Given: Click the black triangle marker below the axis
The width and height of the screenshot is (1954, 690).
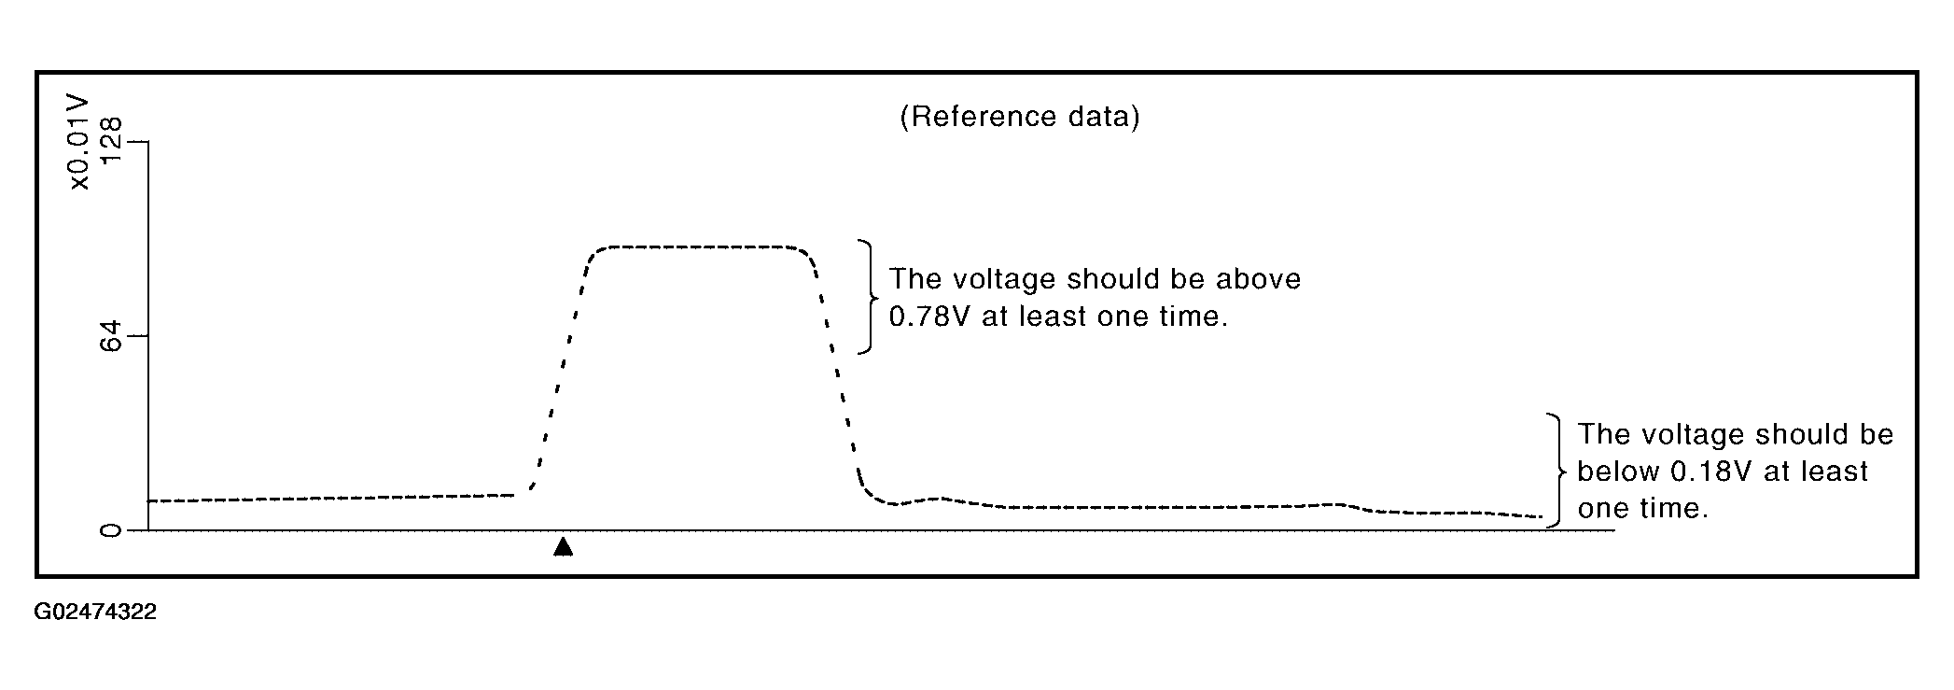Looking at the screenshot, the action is pos(563,546).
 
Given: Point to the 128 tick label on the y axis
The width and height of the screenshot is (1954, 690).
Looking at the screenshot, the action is pos(110,140).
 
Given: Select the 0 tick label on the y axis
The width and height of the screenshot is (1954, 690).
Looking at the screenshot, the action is pos(110,530).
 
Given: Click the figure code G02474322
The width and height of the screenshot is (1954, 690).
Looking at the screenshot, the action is pos(95,613).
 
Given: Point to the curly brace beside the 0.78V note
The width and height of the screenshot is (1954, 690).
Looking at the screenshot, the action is pos(869,297).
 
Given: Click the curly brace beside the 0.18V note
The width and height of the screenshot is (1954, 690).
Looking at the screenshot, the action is pos(1556,471).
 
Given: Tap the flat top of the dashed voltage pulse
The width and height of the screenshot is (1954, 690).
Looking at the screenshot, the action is pos(701,247).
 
